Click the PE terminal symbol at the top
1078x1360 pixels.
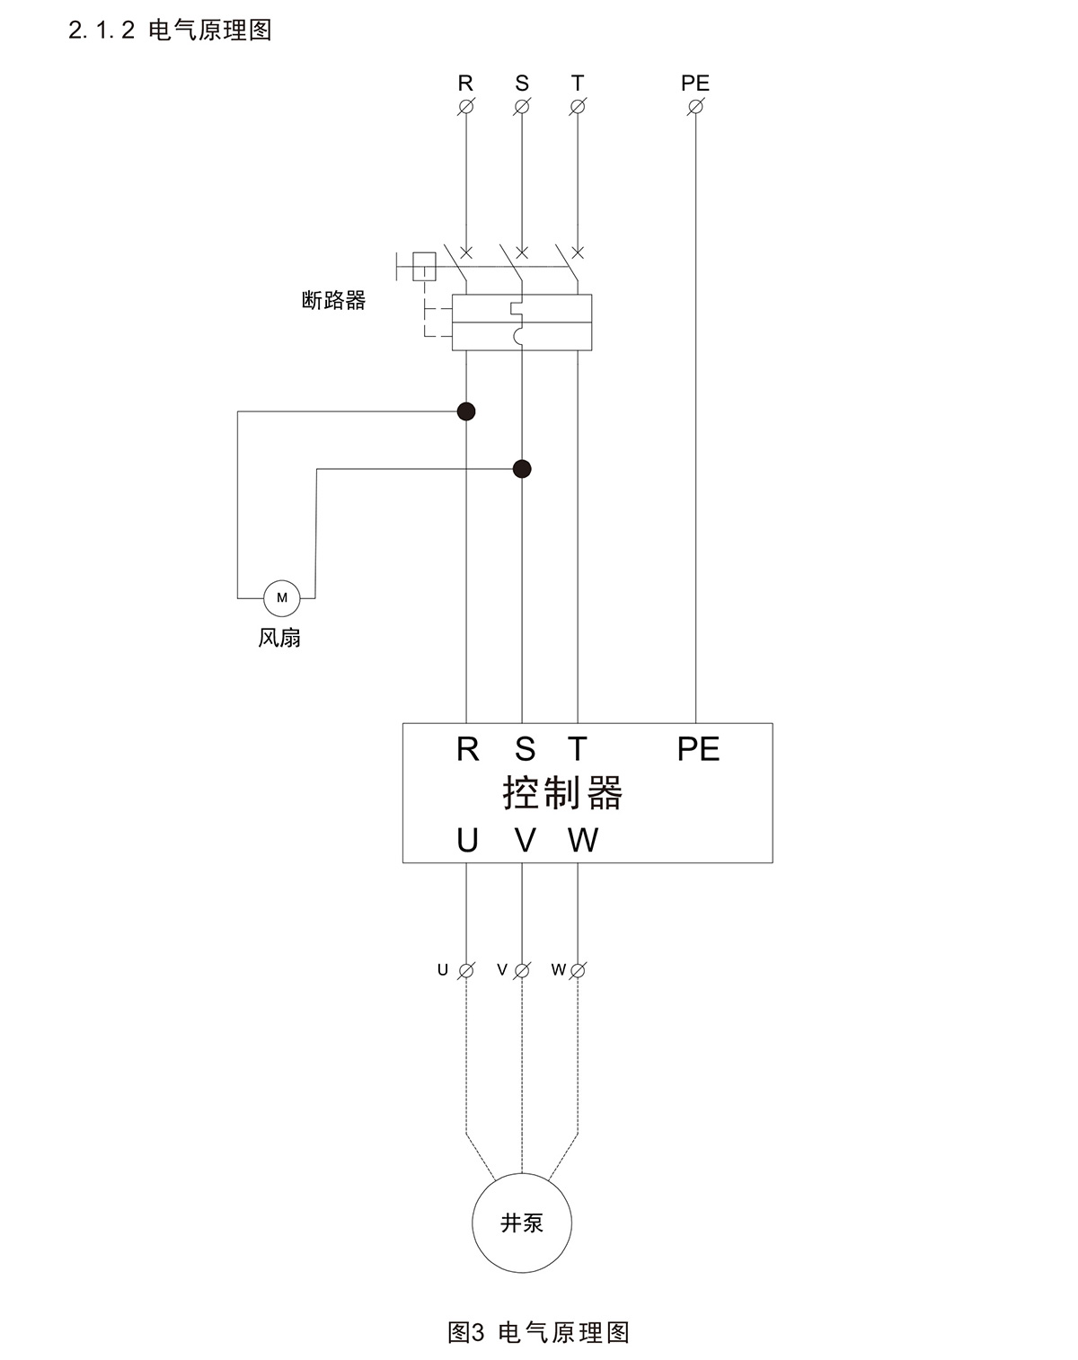point(695,107)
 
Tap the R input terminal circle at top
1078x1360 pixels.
point(466,107)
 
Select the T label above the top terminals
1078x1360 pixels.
point(578,84)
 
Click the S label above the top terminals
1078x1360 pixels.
point(522,84)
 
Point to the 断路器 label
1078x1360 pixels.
point(334,301)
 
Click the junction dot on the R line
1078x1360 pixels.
point(466,411)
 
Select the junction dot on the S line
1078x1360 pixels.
point(522,469)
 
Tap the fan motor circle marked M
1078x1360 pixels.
point(281,597)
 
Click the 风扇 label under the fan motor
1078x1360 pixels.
point(279,639)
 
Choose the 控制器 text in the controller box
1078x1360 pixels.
point(562,793)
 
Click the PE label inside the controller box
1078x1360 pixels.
point(698,749)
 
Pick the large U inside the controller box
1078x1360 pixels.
point(467,841)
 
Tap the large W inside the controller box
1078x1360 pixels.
point(583,841)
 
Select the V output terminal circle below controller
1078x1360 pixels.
point(522,970)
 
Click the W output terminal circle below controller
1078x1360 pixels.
point(578,970)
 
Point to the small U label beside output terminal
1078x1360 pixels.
point(443,970)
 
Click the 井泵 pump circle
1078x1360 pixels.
point(522,1223)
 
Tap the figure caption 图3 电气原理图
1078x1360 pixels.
point(538,1332)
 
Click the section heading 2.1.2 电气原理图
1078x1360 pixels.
point(171,31)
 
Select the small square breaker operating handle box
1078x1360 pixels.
point(423,266)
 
